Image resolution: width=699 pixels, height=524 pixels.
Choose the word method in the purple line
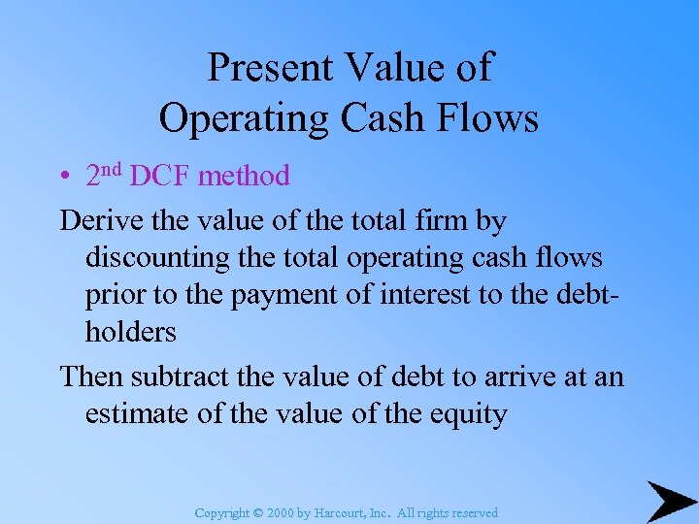pyautogui.click(x=244, y=176)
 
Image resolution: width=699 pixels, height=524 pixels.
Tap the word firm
pyautogui.click(x=440, y=221)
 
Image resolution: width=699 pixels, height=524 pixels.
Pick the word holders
pyautogui.click(x=131, y=332)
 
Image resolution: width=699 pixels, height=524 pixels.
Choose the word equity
pyautogui.click(x=470, y=414)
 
